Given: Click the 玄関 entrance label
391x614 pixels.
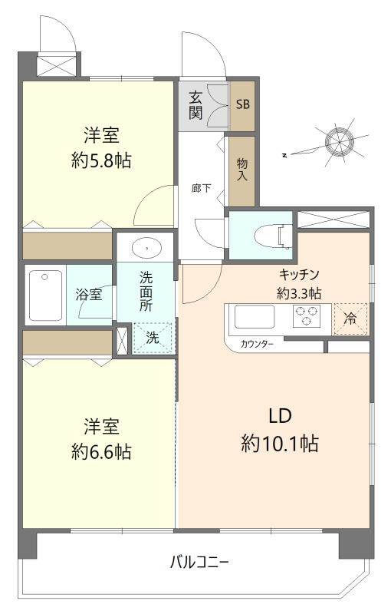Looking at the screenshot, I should tap(196, 105).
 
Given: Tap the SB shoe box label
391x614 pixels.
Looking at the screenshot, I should tap(242, 105).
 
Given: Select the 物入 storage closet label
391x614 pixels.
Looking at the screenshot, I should tap(242, 170).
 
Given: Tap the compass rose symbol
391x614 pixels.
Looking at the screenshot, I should tap(340, 141).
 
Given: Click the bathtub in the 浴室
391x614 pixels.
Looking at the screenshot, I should tap(44, 295).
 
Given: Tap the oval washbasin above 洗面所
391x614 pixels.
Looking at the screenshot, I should tap(145, 249).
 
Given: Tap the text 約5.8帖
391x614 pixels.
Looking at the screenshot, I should tap(101, 161).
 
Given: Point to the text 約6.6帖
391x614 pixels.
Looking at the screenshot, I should tap(101, 452).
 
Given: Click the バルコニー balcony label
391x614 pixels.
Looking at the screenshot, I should tap(199, 562).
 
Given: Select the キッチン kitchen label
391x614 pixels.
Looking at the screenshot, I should tap(299, 274).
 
